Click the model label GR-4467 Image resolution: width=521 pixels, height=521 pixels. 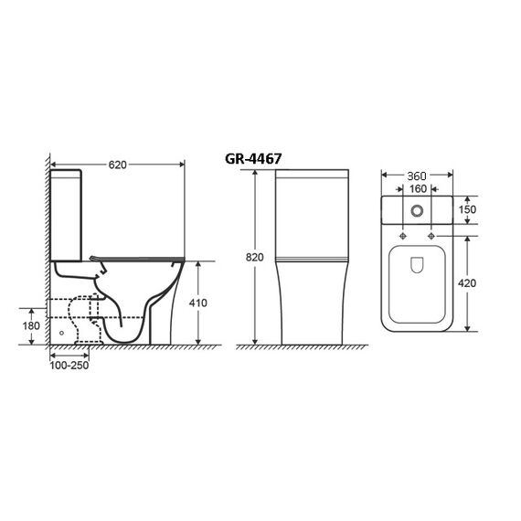[x=253, y=159]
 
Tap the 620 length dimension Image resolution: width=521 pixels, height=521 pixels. [x=118, y=165]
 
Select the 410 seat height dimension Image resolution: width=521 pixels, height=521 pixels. [x=198, y=303]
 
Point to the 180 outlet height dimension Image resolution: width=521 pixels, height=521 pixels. [x=31, y=325]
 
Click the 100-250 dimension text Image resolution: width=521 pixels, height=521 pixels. [x=69, y=366]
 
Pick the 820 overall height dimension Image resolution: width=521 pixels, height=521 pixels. [x=254, y=257]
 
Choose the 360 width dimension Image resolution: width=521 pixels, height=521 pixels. [x=417, y=175]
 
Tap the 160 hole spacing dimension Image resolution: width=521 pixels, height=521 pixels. [x=418, y=188]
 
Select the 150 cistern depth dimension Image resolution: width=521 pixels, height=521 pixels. [x=467, y=209]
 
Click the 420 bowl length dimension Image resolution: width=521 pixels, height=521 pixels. [x=467, y=283]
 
